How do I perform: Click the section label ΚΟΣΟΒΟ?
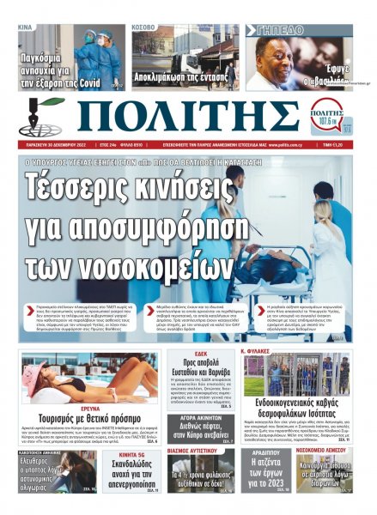click(x=143, y=27)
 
